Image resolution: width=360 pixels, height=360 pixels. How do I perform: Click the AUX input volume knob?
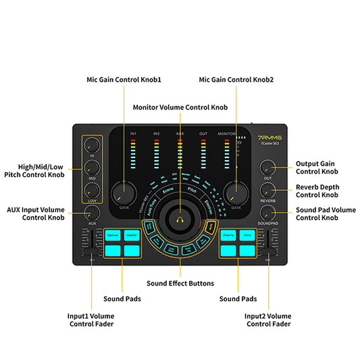point(92,213)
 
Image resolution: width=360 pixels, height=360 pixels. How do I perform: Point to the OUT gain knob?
point(268,168)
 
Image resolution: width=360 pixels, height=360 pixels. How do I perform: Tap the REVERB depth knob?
point(268,191)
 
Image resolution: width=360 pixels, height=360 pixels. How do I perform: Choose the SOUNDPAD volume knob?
point(268,213)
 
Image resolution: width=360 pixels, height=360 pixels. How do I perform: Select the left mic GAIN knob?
point(124,193)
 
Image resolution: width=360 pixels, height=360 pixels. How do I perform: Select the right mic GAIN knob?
point(236,193)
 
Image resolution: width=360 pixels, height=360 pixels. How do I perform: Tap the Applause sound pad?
point(113,235)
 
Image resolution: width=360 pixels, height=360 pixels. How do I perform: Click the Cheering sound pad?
point(228,235)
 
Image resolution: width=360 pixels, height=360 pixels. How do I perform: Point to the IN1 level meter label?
point(133,134)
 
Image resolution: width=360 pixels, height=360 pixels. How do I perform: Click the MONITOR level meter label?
point(227,134)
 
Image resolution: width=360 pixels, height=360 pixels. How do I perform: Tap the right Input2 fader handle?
point(268,241)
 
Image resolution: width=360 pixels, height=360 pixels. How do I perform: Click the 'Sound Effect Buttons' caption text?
point(180,283)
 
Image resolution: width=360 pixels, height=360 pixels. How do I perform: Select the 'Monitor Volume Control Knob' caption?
point(180,107)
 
